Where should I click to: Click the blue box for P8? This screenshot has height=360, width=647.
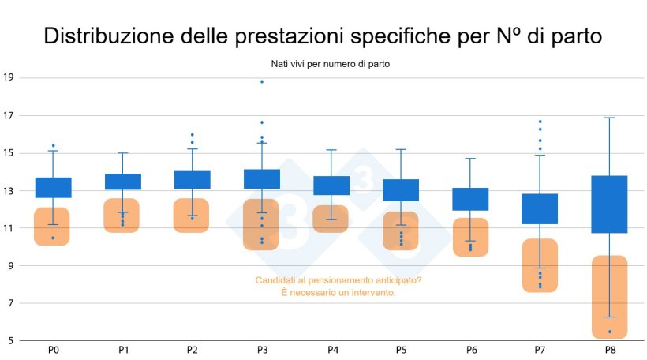point(609,204)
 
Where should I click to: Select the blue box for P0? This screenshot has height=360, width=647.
point(53,187)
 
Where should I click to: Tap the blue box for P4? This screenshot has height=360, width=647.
point(331,186)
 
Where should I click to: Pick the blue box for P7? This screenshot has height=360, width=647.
point(540,208)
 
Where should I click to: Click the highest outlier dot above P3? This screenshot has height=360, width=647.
point(262,82)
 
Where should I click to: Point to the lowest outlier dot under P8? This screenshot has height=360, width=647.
point(609,332)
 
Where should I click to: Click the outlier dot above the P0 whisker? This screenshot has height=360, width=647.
point(53,146)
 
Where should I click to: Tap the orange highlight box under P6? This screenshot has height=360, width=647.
point(470,237)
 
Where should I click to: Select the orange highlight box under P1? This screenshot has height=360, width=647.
point(122,216)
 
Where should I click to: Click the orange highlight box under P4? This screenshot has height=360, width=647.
point(331,219)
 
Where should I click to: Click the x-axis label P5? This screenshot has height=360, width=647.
point(401,350)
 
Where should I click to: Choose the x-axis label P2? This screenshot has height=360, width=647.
point(192,350)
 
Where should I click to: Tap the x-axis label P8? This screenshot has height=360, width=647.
point(609,350)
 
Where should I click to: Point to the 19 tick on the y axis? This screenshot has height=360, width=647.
point(9,77)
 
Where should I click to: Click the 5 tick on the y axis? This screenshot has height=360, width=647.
point(10,340)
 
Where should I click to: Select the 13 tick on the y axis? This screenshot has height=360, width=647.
point(9,190)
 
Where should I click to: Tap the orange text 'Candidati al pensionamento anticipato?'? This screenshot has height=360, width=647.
point(338,280)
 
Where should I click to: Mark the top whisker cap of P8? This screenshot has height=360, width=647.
point(609,118)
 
